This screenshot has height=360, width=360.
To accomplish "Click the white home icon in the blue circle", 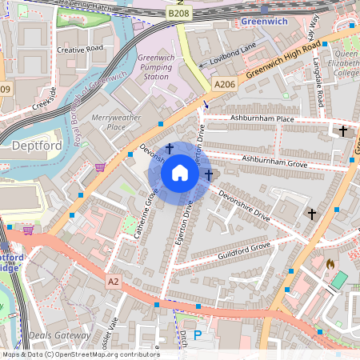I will pyautogui.click(x=180, y=173).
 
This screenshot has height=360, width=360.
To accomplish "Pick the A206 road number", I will pyautogui.click(x=224, y=84).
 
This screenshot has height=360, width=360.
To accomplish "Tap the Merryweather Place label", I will pyautogui.click(x=109, y=122).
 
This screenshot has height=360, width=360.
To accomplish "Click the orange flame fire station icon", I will pyautogui.click(x=330, y=262).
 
